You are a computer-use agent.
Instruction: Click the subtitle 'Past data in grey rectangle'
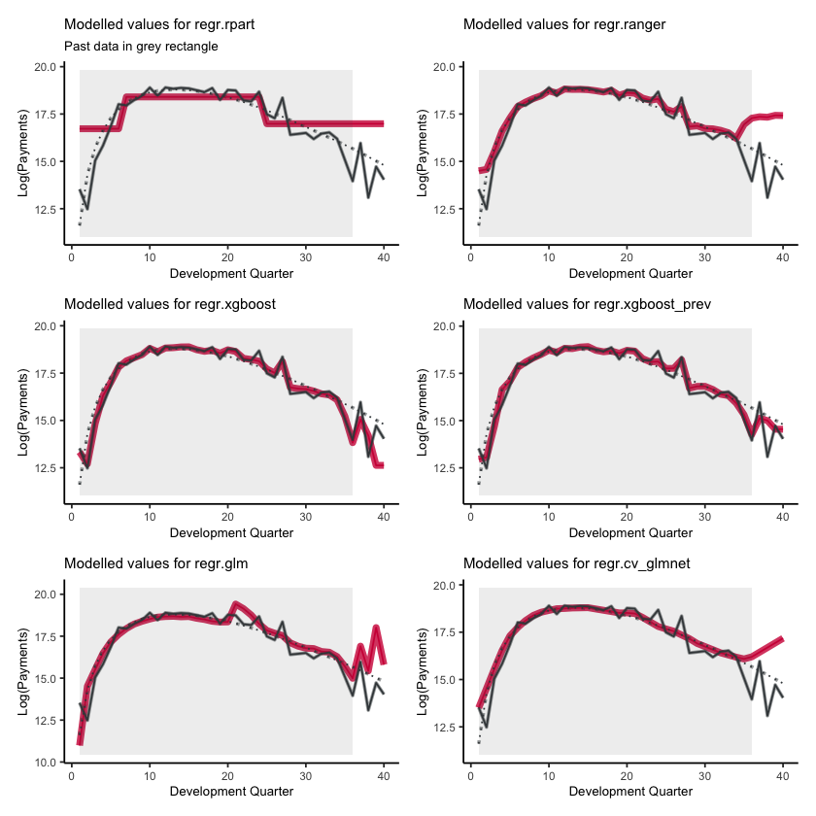coord(141,46)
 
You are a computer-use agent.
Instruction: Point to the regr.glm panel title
coord(150,563)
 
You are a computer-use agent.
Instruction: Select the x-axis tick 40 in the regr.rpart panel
coord(384,259)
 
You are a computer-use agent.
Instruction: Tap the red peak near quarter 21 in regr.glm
coord(236,604)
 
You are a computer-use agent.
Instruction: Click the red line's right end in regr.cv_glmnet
coord(783,639)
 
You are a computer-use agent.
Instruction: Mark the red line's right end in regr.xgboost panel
coord(383,465)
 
